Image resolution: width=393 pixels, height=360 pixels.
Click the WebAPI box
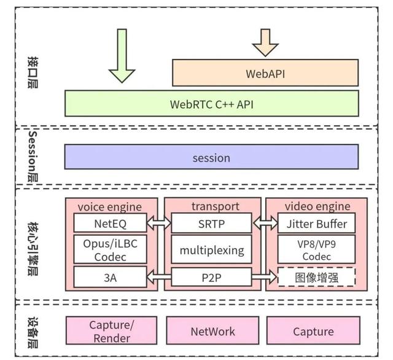pos(265,72)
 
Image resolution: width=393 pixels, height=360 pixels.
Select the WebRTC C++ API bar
pos(211,104)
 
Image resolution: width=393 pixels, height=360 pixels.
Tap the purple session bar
pos(211,157)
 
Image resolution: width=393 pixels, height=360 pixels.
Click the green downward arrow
pos(122,56)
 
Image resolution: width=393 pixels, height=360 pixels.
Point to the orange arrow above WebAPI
pos(265,42)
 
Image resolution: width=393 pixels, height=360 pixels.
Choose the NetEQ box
pos(110,222)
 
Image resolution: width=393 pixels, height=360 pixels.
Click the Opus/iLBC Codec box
pos(110,249)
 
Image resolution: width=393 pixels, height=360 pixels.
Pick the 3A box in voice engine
pos(110,277)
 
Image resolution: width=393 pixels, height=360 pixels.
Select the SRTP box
pos(211,223)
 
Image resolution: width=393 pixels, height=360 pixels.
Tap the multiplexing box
pos(211,249)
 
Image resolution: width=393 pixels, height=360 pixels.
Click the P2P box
pos(211,277)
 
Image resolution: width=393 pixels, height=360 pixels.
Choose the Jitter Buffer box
pos(316,223)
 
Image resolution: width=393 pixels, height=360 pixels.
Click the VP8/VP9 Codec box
pos(316,249)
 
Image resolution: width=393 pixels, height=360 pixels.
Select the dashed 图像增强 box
pos(316,277)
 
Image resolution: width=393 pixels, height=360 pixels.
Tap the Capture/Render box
pos(112,331)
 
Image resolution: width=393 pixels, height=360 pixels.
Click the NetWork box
pos(212,331)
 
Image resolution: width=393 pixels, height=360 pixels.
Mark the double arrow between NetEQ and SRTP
pos(159,223)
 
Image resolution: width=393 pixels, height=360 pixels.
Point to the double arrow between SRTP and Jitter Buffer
pos(265,223)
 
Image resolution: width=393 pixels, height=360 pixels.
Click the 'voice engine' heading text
pos(110,207)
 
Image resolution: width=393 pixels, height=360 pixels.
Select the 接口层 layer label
pos(33,72)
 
